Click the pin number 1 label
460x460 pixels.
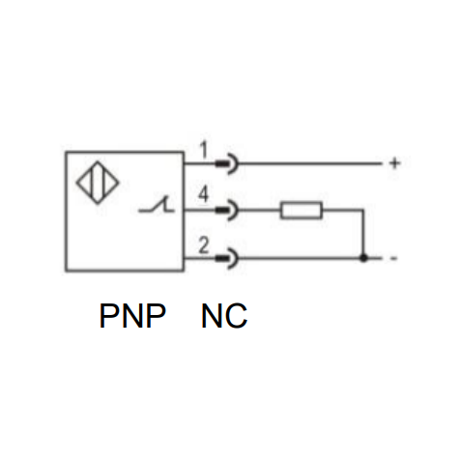203,150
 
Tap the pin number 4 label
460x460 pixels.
203,194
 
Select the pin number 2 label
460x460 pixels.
204,245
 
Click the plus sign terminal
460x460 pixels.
394,163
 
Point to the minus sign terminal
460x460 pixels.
393,258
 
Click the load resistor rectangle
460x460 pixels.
302,211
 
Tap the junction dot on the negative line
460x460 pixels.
363,258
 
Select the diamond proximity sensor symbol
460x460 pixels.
98,183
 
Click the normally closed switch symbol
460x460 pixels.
157,205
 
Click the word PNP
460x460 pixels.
132,315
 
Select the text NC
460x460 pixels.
224,315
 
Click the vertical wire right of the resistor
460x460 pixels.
363,234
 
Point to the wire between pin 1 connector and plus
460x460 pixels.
310,163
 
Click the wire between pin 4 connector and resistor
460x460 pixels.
259,210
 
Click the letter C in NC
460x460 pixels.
237,316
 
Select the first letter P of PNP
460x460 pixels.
109,316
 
